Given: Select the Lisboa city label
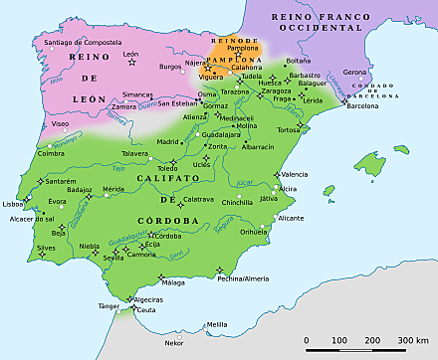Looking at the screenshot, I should pyautogui.click(x=14, y=203).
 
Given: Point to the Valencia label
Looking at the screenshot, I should pyautogui.click(x=295, y=174).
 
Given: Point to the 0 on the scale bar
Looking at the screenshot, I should pyautogui.click(x=307, y=341).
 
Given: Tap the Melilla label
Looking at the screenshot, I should pyautogui.click(x=217, y=324).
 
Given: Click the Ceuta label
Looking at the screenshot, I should pyautogui.click(x=145, y=311).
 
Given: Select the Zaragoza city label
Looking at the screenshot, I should pyautogui.click(x=276, y=90).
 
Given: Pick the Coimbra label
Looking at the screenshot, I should pyautogui.click(x=51, y=153).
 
